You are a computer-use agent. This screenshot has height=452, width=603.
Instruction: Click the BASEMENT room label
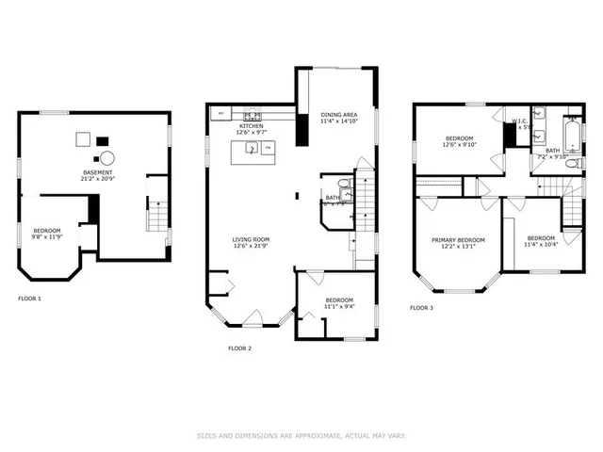click(x=99, y=173)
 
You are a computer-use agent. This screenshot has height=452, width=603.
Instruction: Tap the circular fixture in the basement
click(x=108, y=158)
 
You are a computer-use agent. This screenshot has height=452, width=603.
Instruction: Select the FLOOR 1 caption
click(x=29, y=299)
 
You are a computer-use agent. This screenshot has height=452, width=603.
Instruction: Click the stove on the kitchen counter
click(x=254, y=115)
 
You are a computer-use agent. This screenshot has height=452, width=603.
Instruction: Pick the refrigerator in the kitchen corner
click(x=220, y=114)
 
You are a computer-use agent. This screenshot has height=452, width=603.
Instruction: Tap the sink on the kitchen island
click(x=252, y=148)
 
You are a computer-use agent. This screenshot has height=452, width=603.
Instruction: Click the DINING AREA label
click(x=338, y=114)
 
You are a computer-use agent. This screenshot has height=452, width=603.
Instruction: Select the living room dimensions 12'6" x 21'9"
click(x=252, y=247)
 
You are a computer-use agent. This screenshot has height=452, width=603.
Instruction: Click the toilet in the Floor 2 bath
click(x=345, y=185)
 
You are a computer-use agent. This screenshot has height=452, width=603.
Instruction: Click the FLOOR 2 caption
click(x=239, y=348)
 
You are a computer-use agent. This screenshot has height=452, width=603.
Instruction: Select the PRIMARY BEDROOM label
click(x=459, y=240)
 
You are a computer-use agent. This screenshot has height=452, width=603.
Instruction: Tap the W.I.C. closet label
click(x=521, y=121)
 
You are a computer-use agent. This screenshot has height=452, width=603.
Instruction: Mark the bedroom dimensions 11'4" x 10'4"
click(x=542, y=245)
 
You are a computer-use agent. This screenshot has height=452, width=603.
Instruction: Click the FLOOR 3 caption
click(x=421, y=308)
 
